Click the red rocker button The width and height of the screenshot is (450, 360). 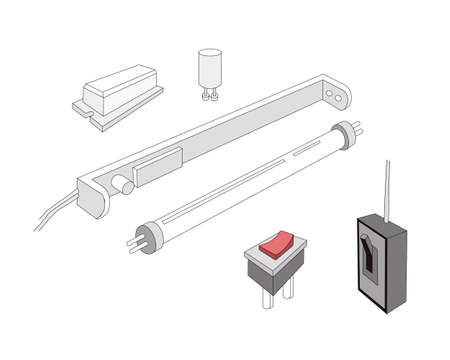point(277,242)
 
